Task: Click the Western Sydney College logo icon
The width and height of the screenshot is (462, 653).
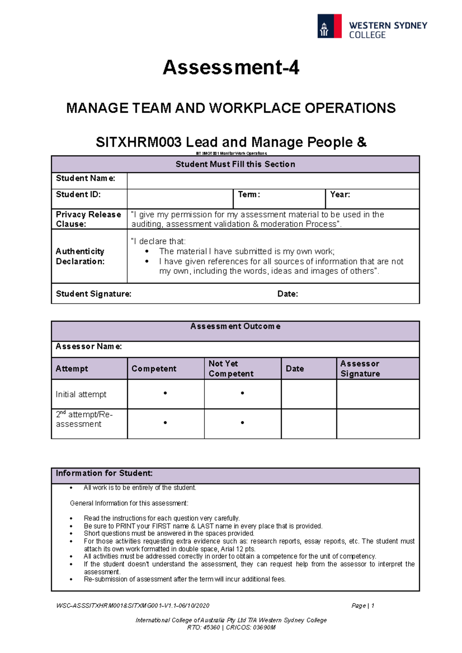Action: [x=329, y=26]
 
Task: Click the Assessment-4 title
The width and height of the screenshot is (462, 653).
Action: [x=231, y=68]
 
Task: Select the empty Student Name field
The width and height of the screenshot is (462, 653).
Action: [x=273, y=181]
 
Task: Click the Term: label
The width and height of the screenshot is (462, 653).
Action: [x=249, y=195]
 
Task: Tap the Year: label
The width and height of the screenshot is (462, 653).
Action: [x=340, y=195]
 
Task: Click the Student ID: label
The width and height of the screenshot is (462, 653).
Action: [x=78, y=195]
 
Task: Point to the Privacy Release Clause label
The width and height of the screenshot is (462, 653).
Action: [x=88, y=219]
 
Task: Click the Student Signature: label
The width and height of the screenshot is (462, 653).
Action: [x=94, y=294]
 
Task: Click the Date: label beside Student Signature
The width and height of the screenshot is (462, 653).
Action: [x=288, y=294]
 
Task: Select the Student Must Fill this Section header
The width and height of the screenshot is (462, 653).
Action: [x=235, y=164]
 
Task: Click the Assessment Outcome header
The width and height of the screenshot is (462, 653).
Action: [x=235, y=326]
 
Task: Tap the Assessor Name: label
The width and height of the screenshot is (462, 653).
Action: [x=89, y=346]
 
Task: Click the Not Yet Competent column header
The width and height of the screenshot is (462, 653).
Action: [x=231, y=368]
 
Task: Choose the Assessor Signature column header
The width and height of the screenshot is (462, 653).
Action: [x=360, y=368]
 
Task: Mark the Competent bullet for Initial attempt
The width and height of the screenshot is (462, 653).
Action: [x=165, y=393]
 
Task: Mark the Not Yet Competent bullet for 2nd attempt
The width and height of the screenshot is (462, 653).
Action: [x=242, y=423]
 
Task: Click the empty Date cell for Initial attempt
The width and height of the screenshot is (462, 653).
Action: [x=309, y=394]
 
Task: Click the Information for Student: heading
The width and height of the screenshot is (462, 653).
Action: [x=104, y=473]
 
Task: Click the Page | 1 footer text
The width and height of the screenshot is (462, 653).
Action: [x=363, y=606]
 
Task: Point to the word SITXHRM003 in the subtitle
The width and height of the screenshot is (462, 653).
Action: [x=139, y=142]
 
